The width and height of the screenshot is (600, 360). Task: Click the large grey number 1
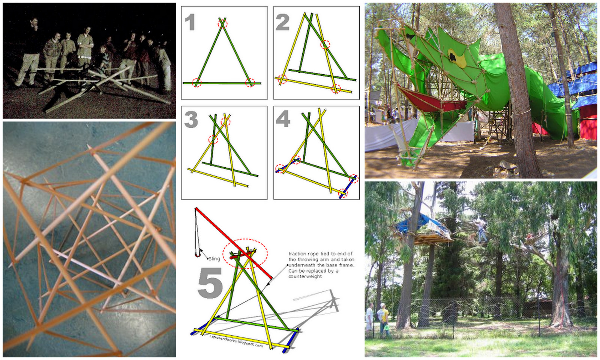click(x=190, y=22)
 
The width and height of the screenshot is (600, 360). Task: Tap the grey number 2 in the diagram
click(x=282, y=22)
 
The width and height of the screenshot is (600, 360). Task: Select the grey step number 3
click(x=191, y=120)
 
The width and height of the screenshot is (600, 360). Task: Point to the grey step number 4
click(x=283, y=120)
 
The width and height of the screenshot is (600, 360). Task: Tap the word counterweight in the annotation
click(x=305, y=276)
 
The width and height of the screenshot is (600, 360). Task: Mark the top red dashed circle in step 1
click(x=223, y=24)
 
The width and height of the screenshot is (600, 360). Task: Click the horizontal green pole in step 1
click(x=221, y=83)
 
